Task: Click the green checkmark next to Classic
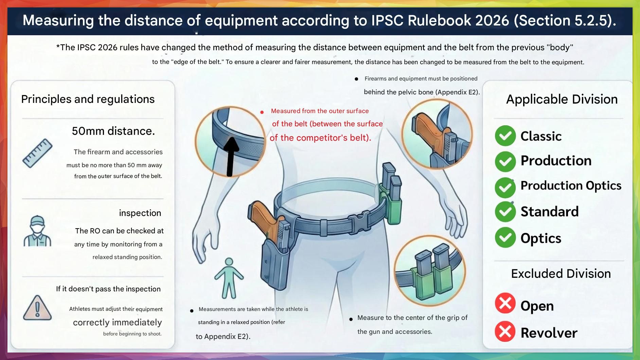[x=505, y=136]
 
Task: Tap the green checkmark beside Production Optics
[x=505, y=187]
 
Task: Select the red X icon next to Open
[x=505, y=303]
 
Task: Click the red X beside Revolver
[x=505, y=331]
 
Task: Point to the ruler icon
[x=37, y=153]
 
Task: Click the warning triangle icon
[x=37, y=308]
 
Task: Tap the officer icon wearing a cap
[x=37, y=231]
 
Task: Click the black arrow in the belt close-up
[x=231, y=157]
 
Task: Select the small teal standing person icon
[x=229, y=278]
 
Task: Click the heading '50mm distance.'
[x=113, y=131]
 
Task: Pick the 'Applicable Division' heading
[x=562, y=99]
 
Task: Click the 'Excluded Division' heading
[x=561, y=273]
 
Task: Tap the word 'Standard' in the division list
[x=550, y=212]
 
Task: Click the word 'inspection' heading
[x=140, y=213]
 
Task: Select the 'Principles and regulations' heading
[x=88, y=99]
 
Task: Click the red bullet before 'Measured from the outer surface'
[x=262, y=112]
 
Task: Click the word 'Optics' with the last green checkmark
[x=541, y=238]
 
